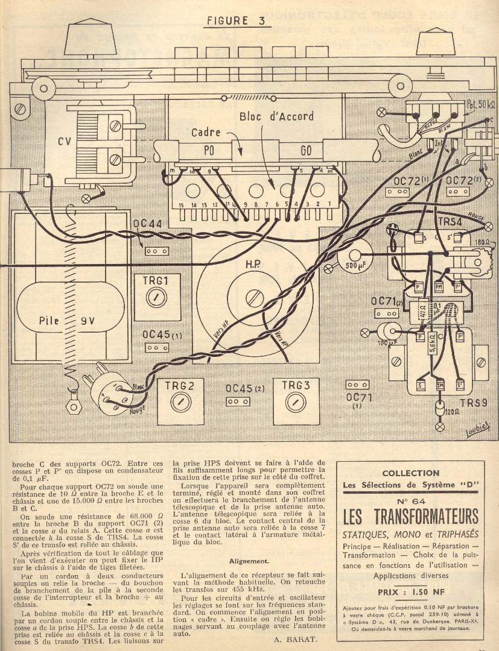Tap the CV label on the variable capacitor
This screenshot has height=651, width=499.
pos(65,142)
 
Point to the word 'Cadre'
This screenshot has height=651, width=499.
pos(206,133)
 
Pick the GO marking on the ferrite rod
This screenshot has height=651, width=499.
pos(307,150)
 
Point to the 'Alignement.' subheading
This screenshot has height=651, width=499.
pos(249,561)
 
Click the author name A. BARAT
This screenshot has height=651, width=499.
pos(295,640)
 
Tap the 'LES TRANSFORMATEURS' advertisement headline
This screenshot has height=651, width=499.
pos(410,517)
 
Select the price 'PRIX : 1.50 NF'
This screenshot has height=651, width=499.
pos(410,592)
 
